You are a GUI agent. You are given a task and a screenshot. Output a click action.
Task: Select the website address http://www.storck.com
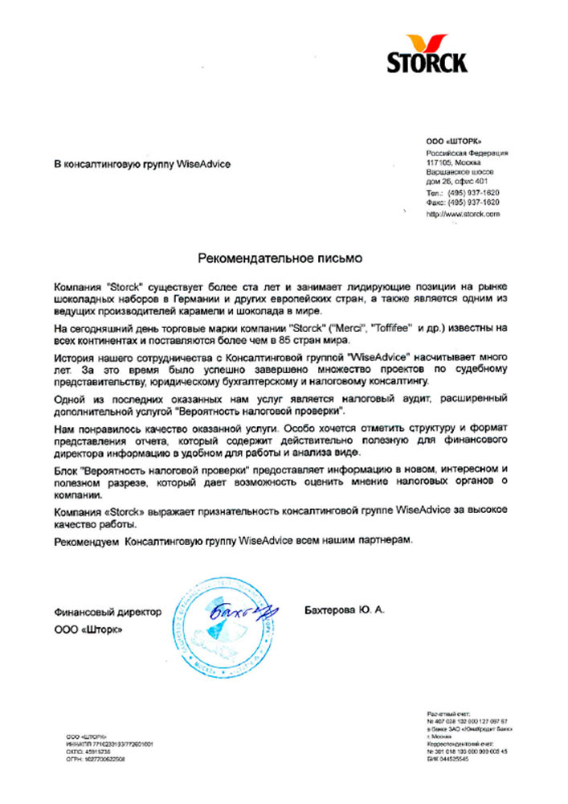pos(463,215)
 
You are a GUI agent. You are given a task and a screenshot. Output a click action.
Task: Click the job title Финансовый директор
pos(108,612)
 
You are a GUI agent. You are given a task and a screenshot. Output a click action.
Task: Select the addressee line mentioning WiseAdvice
pos(142,164)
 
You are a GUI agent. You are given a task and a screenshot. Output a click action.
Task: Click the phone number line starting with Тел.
pos(462,194)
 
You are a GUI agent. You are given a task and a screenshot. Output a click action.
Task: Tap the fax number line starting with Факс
pos(462,203)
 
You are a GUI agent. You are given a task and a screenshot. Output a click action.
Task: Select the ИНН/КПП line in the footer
pos(110,745)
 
